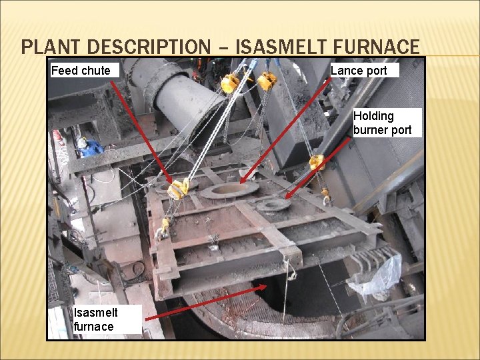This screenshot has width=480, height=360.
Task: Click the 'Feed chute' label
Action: click(81, 70)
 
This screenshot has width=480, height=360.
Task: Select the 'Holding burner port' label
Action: click(383, 123)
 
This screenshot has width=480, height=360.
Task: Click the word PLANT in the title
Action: click(52, 47)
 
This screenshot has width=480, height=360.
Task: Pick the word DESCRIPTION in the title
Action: click(148, 47)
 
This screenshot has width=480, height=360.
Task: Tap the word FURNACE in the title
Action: click(379, 47)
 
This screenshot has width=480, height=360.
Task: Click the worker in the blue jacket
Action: click(87, 147)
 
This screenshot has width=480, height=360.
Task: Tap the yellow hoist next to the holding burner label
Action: click(317, 162)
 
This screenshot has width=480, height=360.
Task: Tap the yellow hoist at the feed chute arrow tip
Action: click(179, 189)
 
